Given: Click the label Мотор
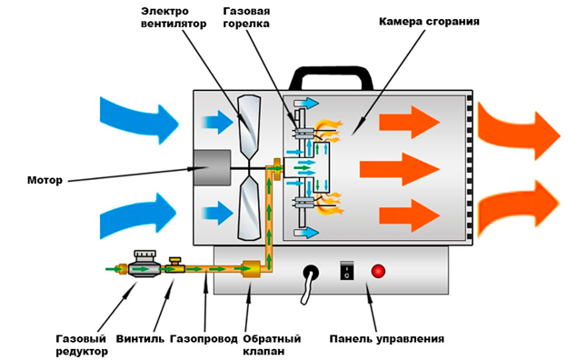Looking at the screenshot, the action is click(45, 180).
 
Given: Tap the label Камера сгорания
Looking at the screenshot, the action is click(429, 21).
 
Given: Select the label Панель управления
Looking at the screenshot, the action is click(387, 339).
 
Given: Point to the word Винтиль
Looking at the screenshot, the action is click(140, 339).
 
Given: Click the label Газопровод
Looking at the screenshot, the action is click(204, 339).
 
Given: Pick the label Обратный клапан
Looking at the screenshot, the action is click(272, 345).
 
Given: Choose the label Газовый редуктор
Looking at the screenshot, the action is click(82, 345).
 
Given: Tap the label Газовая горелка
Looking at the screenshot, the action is click(246, 17).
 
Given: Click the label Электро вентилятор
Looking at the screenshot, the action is click(174, 17).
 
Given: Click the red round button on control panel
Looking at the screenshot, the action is click(378, 271).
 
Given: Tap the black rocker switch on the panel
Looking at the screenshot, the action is click(347, 271).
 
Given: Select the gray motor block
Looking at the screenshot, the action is click(211, 167).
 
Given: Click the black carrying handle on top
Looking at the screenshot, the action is click(331, 75).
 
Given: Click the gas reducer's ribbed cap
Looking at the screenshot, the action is click(144, 256).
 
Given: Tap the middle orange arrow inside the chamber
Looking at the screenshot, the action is click(400, 169).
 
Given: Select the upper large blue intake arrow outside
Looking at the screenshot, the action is click(139, 119).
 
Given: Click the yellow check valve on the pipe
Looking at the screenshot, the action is click(251, 268).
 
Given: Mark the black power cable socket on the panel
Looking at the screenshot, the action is click(311, 272).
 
